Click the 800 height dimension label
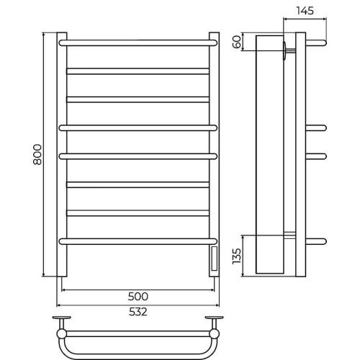[x=37, y=154]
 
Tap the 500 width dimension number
[x=138, y=297]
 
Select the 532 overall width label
[x=138, y=312]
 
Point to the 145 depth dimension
[x=305, y=11]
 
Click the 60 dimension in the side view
[x=237, y=42]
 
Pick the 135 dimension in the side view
[x=237, y=256]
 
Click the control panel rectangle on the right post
[x=214, y=258]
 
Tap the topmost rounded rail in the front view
[x=138, y=43]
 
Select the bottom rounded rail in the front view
[x=138, y=241]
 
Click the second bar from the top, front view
[x=138, y=71]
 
